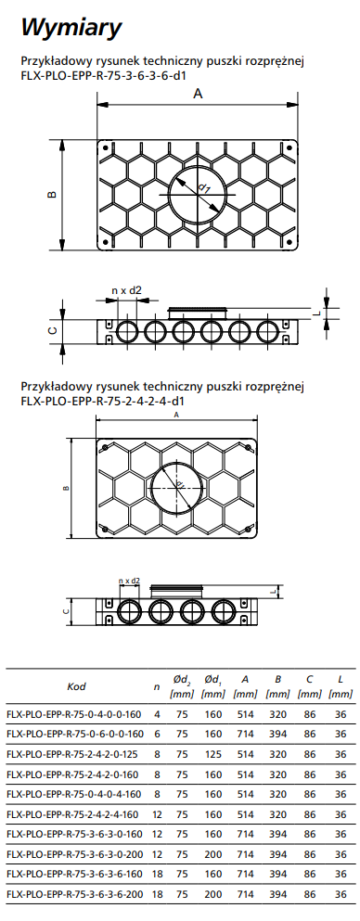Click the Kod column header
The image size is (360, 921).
tap(76, 686)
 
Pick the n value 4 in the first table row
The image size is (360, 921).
tap(157, 715)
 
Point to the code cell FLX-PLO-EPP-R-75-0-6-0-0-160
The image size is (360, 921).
tap(74, 735)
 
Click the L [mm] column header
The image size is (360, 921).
tap(341, 686)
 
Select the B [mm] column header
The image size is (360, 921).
tap(277, 686)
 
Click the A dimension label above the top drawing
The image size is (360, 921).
tap(198, 94)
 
